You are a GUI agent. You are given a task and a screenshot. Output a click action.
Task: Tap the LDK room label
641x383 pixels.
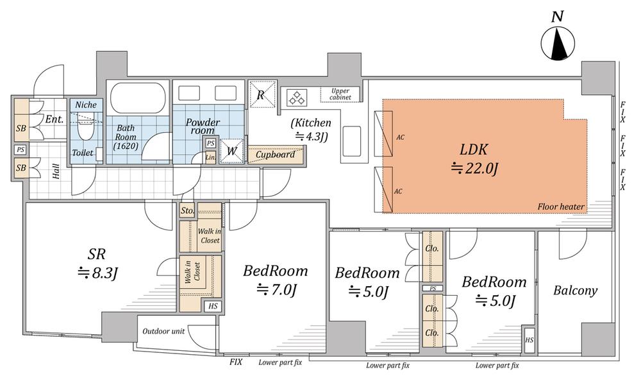474,149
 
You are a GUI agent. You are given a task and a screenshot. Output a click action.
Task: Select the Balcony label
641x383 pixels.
575,291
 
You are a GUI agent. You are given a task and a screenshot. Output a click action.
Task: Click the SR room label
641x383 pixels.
97,254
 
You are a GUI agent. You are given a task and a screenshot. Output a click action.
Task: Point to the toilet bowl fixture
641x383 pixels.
85,130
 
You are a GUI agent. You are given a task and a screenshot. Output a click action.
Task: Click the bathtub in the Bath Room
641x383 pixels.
138,98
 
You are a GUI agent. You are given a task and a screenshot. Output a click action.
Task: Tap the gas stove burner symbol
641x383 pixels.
296,98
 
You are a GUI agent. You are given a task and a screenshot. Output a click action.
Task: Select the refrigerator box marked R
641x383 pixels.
260,94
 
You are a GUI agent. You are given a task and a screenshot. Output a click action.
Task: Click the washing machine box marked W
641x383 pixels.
231,151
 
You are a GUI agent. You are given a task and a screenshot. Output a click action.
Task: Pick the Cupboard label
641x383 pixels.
275,155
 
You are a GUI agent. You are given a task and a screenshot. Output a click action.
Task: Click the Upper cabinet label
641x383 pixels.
340,94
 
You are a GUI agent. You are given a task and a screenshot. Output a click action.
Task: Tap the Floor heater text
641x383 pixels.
561,207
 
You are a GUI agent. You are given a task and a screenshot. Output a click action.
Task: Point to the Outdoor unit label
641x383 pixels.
163,331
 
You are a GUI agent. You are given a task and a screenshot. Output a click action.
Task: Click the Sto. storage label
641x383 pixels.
187,210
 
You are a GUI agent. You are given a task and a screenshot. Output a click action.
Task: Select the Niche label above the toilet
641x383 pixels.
86,105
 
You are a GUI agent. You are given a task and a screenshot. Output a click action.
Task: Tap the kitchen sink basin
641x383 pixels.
351,141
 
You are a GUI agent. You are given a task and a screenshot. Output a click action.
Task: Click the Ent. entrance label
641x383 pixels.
54,119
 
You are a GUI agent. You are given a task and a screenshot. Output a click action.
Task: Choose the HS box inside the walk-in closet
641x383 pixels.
213,305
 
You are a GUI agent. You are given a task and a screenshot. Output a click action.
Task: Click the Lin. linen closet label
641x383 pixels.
210,157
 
